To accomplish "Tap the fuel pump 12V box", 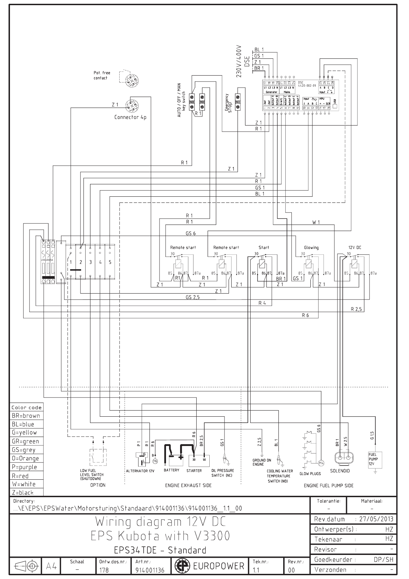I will tap(375, 459).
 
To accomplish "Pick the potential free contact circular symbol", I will tap(131, 80).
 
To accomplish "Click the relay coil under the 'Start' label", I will tap(262, 264).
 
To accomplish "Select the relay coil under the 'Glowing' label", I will tap(309, 264).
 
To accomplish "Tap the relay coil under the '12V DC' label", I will tap(354, 264).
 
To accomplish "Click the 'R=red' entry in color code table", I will tap(20, 476).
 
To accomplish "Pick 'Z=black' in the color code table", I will tap(22, 493).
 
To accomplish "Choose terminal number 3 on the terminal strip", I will tap(90, 262).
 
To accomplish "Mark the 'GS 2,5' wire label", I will tap(192, 297).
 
